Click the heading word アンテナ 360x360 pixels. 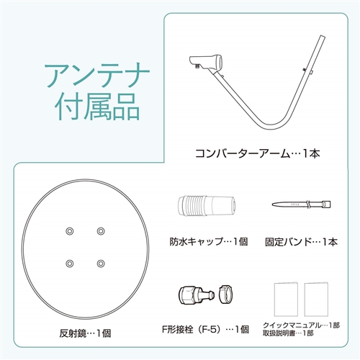(97, 75)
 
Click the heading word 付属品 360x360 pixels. (97, 107)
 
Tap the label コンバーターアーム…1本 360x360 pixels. (258, 153)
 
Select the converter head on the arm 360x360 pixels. (206, 62)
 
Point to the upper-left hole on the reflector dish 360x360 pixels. (70, 231)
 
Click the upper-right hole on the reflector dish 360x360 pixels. (101, 231)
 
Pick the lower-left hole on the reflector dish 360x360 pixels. (70, 264)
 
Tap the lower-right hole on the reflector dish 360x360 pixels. (101, 264)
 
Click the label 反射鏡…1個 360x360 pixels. (85, 333)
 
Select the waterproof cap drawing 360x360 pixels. (207, 205)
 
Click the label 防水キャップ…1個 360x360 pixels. (209, 241)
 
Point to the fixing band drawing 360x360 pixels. (301, 204)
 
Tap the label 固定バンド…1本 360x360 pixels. (301, 242)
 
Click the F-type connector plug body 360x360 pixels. (196, 294)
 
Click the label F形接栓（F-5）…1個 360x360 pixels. (205, 329)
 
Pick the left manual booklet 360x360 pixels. (286, 300)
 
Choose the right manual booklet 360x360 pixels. (316, 300)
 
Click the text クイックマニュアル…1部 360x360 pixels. (302, 325)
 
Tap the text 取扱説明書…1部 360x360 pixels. (288, 333)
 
